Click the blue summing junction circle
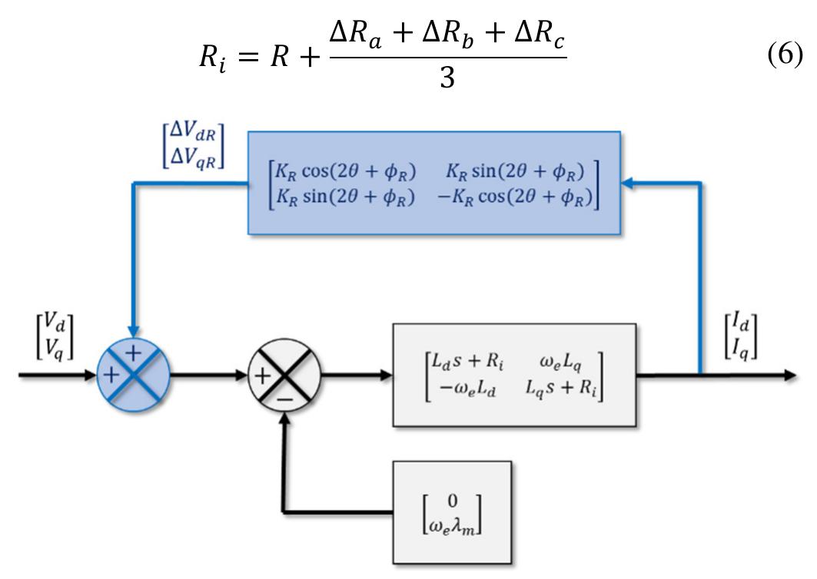pyautogui.click(x=134, y=376)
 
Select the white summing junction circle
pyautogui.click(x=284, y=376)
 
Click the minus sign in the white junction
pyautogui.click(x=285, y=399)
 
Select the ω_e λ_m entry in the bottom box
pyautogui.click(x=453, y=529)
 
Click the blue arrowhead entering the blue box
pyautogui.click(x=627, y=183)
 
